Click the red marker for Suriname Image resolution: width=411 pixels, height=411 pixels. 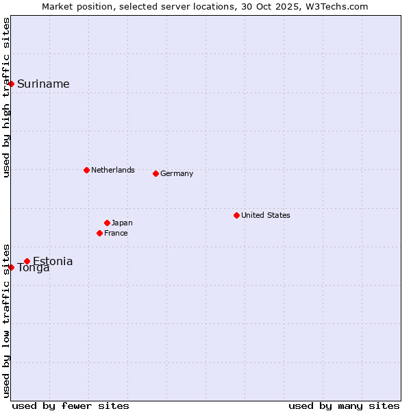[x=12, y=84]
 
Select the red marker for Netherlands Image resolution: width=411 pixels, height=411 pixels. [x=86, y=170]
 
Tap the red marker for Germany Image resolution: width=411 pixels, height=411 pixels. [x=155, y=173]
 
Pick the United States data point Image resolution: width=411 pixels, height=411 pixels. [x=236, y=215]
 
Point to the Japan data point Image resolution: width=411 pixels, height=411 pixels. [x=107, y=223]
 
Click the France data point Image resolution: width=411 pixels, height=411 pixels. [x=99, y=233]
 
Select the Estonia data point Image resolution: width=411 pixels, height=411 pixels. [x=27, y=261]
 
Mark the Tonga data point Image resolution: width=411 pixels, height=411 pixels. [x=12, y=267]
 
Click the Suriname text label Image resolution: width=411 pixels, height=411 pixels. [x=43, y=84]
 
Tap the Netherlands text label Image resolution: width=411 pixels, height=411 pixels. [x=113, y=170]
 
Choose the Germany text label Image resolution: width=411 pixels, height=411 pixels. [x=177, y=173]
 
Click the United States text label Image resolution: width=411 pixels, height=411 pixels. [x=266, y=215]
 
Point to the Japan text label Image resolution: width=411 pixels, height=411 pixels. [x=122, y=223]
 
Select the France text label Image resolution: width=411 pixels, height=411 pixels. [x=116, y=233]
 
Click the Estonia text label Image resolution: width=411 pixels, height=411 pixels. [x=53, y=261]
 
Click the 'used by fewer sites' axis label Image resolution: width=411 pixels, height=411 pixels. [x=71, y=406]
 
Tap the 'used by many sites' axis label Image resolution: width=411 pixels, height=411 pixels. [x=344, y=406]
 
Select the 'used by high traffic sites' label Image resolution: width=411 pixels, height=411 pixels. [x=6, y=97]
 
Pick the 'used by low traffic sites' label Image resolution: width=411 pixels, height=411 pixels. [x=6, y=320]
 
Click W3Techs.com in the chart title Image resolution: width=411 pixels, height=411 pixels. [x=337, y=6]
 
